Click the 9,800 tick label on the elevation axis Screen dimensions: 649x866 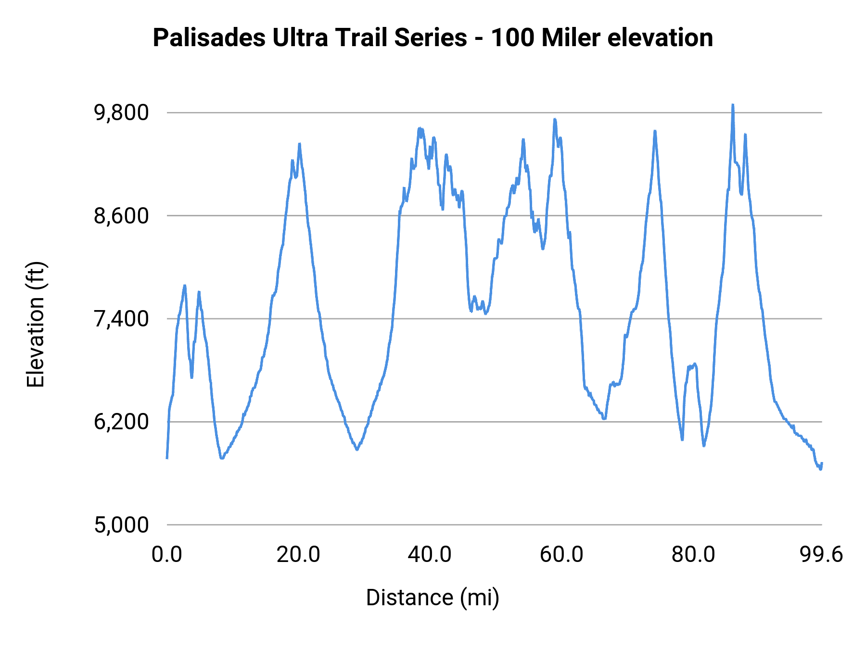click(121, 113)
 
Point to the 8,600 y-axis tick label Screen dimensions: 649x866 click(121, 216)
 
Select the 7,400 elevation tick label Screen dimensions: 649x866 click(121, 319)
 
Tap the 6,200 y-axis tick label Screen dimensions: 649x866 click(121, 422)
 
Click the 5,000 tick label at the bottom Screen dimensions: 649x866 click(121, 525)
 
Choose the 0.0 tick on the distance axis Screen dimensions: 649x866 click(166, 555)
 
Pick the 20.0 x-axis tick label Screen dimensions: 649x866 click(298, 555)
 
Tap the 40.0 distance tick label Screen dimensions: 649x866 click(430, 555)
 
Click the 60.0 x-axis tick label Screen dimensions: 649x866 click(561, 555)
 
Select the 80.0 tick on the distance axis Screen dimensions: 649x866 click(693, 555)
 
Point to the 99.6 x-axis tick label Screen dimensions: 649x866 click(821, 555)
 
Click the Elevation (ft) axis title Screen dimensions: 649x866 click(36, 324)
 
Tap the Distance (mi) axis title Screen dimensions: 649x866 click(433, 598)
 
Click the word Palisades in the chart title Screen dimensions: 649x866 click(209, 38)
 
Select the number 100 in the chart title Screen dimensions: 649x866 click(512, 38)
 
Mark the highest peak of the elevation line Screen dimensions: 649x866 click(733, 105)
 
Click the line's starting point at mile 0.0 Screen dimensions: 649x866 click(167, 458)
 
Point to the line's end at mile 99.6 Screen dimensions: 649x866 click(822, 463)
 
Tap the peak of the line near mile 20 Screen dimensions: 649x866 click(299, 144)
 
